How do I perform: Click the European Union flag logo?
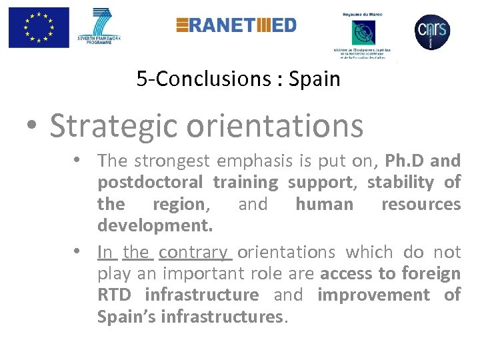(x=39, y=27)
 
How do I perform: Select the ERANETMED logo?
(x=236, y=25)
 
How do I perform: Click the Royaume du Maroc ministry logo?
(x=364, y=33)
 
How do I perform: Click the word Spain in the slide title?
(x=315, y=79)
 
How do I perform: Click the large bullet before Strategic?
(x=33, y=126)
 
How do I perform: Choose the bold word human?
(x=324, y=204)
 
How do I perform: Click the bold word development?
(x=155, y=226)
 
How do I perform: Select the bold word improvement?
(x=373, y=294)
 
